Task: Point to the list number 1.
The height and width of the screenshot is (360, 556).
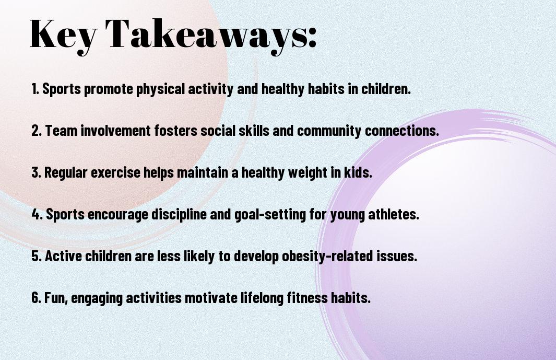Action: coord(35,89)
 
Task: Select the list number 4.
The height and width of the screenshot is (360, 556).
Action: coord(37,214)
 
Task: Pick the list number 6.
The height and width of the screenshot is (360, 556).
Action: coord(37,297)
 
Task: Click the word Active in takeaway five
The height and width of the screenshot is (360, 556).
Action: coord(64,256)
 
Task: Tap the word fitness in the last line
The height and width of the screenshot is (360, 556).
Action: coord(307,297)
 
